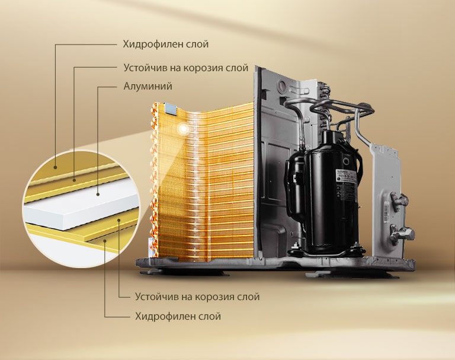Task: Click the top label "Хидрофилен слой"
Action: tap(165, 44)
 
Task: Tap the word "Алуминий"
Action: tap(148, 87)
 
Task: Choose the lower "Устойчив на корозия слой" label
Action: tap(197, 296)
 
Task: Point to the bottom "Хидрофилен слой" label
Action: tap(177, 317)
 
